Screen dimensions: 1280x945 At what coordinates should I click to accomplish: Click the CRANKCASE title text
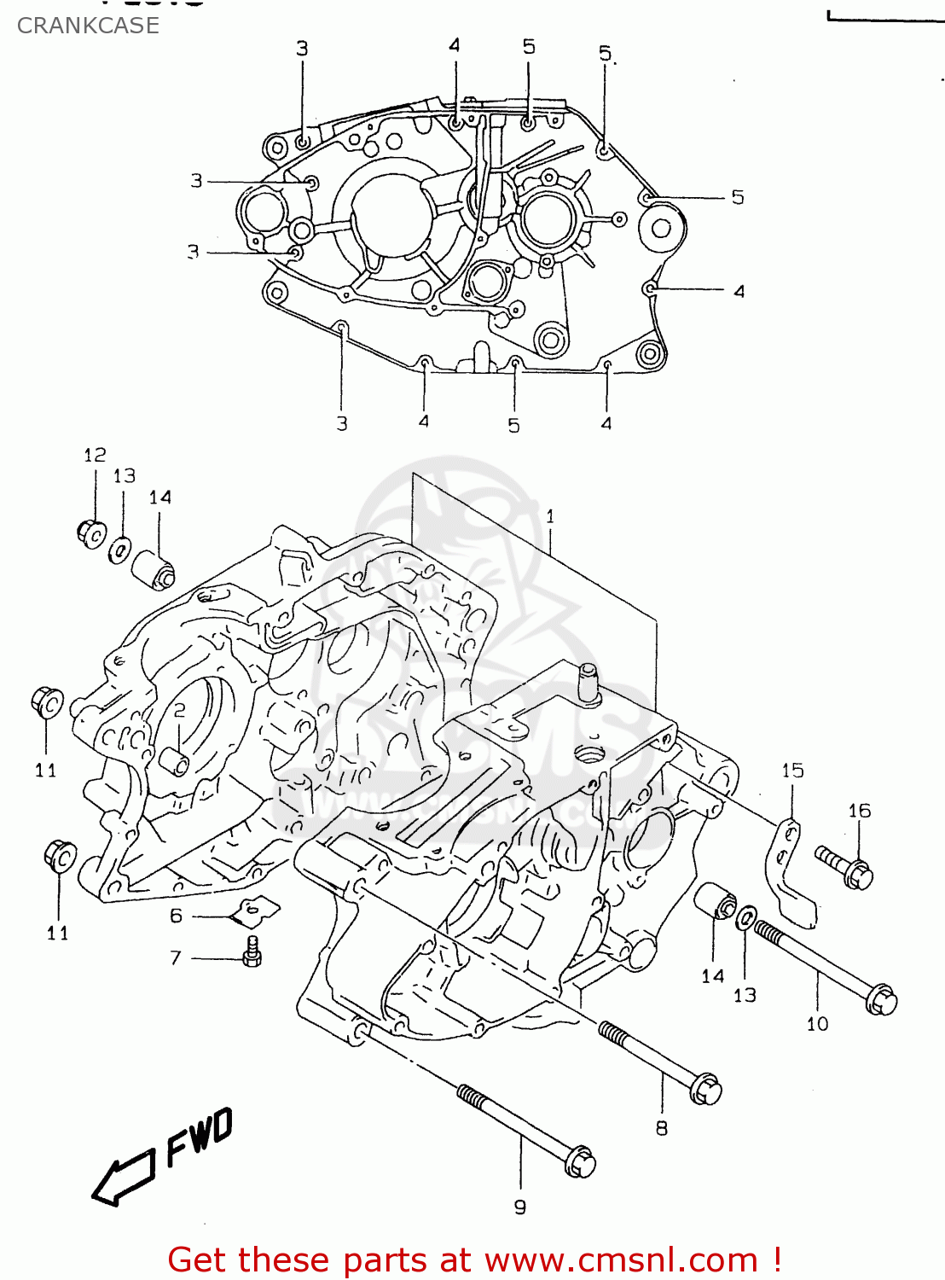click(x=88, y=26)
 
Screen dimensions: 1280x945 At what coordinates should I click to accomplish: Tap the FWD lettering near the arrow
click(x=199, y=1137)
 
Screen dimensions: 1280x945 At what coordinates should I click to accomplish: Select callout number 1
click(x=550, y=516)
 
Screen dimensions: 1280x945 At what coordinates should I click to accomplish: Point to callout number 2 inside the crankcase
click(x=179, y=711)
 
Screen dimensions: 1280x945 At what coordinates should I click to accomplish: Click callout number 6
click(x=176, y=916)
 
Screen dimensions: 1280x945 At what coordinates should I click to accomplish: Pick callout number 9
click(x=520, y=1207)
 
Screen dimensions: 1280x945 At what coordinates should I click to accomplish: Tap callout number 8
click(x=662, y=1128)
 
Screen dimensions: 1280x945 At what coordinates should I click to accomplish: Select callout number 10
click(x=817, y=1023)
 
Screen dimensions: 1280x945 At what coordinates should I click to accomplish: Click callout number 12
click(x=95, y=455)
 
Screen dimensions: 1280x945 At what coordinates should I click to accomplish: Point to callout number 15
click(x=792, y=771)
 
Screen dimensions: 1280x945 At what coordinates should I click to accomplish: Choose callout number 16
click(x=859, y=811)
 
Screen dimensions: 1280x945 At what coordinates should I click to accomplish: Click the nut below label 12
click(x=91, y=533)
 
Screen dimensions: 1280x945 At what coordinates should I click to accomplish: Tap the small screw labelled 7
click(x=252, y=951)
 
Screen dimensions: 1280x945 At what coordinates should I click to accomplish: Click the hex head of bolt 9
click(x=580, y=1161)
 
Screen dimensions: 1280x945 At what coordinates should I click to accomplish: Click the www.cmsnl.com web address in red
click(x=622, y=1260)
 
